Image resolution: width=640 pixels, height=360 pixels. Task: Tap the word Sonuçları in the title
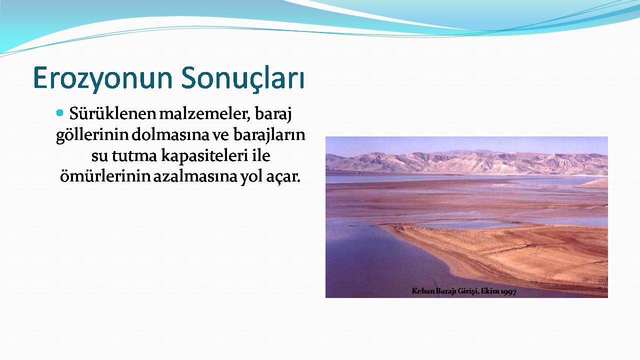[242, 78]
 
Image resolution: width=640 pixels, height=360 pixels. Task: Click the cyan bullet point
[59, 113]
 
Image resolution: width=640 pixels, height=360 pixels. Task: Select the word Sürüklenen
[112, 113]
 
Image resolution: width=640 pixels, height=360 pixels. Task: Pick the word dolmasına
[170, 134]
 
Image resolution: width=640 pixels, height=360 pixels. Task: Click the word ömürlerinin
[105, 176]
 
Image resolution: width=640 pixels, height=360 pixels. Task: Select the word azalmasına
[195, 176]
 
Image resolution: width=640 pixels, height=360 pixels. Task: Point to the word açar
[283, 177]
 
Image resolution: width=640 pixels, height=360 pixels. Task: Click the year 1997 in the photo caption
[508, 291]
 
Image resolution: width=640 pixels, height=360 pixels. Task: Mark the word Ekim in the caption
[490, 291]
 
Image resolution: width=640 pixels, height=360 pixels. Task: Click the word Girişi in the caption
[468, 291]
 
